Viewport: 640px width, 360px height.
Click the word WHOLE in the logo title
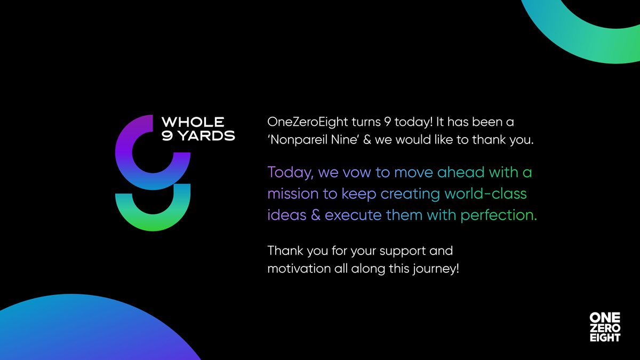193,122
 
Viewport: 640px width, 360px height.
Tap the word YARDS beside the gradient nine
206,135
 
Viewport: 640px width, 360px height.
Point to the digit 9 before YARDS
167,135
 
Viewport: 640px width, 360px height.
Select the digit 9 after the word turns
387,122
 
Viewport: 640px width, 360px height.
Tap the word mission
293,194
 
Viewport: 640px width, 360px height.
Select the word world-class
485,194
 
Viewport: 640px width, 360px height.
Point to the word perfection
499,215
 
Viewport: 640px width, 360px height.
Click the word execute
353,215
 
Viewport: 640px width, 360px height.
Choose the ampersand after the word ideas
315,215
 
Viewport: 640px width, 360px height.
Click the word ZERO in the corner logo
605,327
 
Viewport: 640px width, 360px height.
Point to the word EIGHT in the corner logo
605,338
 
